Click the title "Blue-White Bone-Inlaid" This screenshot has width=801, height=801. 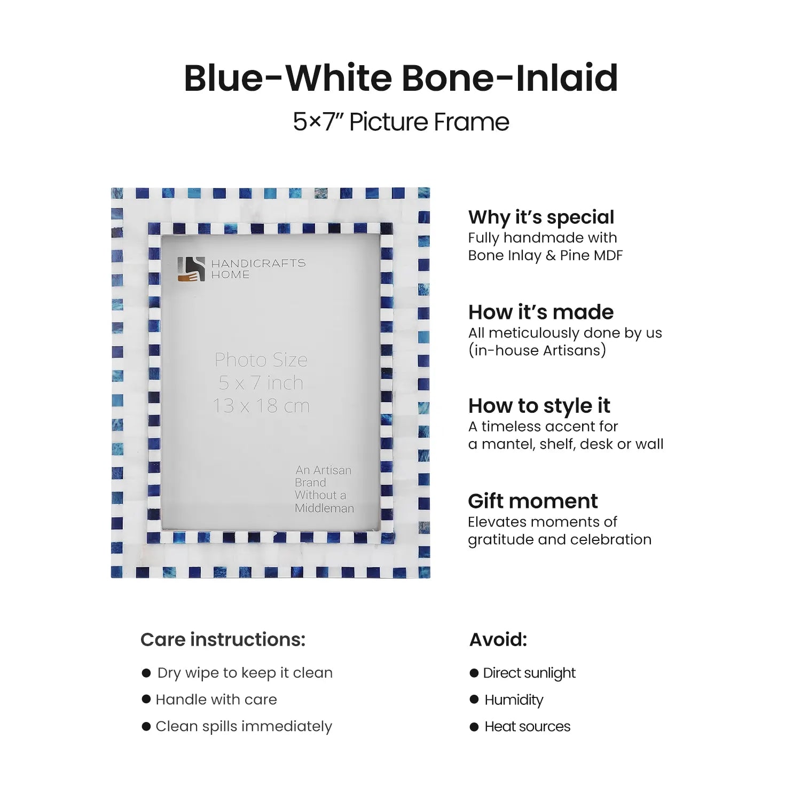(x=400, y=78)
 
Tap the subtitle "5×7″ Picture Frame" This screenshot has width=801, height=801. (x=400, y=122)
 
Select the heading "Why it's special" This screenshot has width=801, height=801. (x=541, y=217)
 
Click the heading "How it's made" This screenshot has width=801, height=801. (x=540, y=312)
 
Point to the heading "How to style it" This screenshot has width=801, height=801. (x=539, y=406)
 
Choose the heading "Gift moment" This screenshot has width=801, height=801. (x=532, y=501)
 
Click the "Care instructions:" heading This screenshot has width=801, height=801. (x=223, y=639)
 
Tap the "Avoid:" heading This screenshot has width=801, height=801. (x=498, y=639)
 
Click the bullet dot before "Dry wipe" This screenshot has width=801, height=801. (x=146, y=673)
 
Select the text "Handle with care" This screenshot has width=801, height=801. (x=216, y=700)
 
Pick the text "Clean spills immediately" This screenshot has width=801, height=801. (x=244, y=726)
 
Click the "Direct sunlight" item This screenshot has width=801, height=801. (x=529, y=673)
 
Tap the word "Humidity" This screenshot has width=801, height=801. (x=514, y=700)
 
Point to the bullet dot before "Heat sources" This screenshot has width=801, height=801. (x=474, y=727)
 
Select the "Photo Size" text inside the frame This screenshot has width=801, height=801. (x=261, y=360)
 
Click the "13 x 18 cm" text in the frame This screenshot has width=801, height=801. (x=261, y=406)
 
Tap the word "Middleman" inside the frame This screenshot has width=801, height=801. (x=324, y=508)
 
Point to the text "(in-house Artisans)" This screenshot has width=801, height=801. (x=537, y=350)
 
